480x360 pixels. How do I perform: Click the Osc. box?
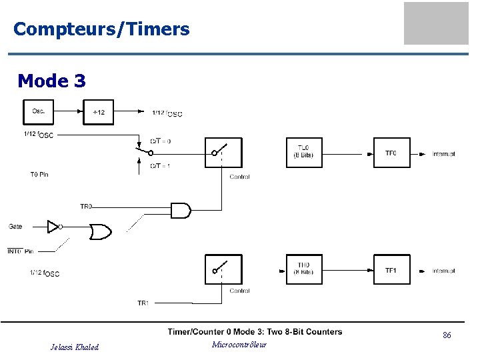click(39, 111)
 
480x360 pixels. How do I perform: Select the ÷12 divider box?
click(98, 111)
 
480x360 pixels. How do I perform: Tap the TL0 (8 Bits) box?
click(303, 153)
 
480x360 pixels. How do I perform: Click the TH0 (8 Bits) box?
click(303, 269)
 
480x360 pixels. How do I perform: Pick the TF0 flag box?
click(391, 153)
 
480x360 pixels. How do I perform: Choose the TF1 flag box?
click(391, 269)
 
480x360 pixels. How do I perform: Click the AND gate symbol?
click(180, 210)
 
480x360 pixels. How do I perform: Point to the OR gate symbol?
click(101, 231)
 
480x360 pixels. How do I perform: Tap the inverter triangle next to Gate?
click(53, 227)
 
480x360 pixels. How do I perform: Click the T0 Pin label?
click(39, 175)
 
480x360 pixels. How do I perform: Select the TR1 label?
click(143, 303)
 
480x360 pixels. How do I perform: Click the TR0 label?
click(86, 207)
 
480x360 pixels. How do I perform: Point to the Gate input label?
click(15, 227)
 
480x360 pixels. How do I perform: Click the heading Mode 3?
click(51, 81)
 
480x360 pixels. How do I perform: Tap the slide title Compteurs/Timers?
click(101, 29)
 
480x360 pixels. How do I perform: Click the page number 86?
click(447, 335)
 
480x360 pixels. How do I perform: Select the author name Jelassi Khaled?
click(75, 347)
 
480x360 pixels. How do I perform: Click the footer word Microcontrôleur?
click(239, 345)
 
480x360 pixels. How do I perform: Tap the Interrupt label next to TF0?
click(443, 154)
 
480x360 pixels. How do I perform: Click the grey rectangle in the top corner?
click(436, 23)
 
